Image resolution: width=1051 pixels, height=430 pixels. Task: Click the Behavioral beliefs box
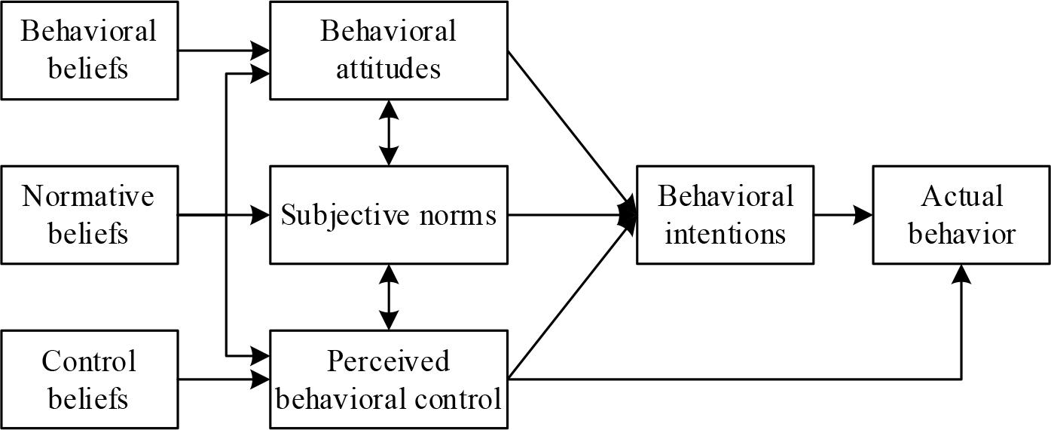(x=90, y=51)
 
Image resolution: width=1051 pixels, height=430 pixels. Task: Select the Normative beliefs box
(x=90, y=215)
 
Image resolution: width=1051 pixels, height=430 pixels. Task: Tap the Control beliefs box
(x=90, y=379)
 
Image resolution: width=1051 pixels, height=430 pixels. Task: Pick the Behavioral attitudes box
(x=389, y=51)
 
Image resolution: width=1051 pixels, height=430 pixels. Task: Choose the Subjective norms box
(x=389, y=216)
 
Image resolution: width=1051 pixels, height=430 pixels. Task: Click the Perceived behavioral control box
(x=389, y=379)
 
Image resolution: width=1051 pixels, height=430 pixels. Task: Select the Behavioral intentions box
(x=725, y=215)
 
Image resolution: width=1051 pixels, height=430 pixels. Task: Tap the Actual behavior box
(x=961, y=215)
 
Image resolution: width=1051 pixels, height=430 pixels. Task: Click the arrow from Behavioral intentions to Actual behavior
(x=843, y=216)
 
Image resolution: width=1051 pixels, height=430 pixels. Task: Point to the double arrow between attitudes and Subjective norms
(x=389, y=133)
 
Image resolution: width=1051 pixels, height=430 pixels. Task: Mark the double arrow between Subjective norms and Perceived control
(x=389, y=296)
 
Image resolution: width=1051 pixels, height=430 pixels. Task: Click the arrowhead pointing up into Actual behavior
(x=961, y=274)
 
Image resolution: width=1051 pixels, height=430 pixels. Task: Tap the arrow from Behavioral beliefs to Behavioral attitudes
(x=225, y=51)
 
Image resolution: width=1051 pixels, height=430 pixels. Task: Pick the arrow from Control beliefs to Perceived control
(x=225, y=379)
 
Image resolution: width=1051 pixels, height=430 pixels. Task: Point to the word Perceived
(x=389, y=361)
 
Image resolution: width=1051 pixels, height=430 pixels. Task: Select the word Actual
(x=961, y=197)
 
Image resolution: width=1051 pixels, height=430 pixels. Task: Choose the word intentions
(x=725, y=233)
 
